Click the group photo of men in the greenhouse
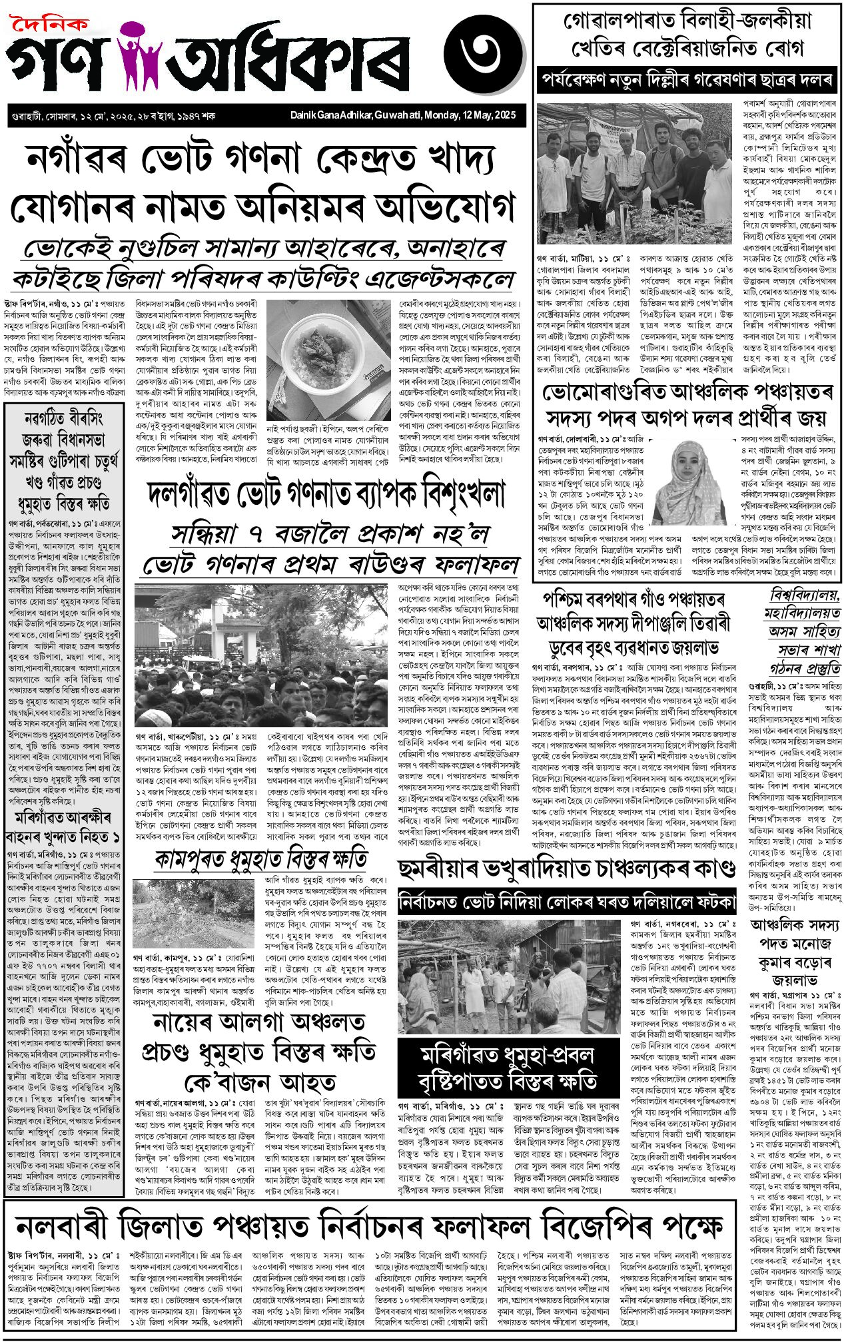coord(637,174)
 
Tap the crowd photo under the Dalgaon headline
coord(262,655)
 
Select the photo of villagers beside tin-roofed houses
coord(510,976)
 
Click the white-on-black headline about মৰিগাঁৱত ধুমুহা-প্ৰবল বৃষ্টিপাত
coord(507,1068)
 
